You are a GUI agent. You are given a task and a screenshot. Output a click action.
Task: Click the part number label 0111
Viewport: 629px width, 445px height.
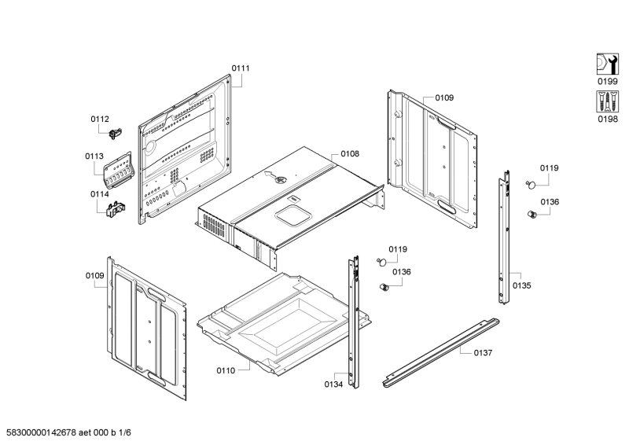pyautogui.click(x=241, y=68)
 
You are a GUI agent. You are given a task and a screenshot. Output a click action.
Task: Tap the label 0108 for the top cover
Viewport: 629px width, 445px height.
pyautogui.click(x=350, y=154)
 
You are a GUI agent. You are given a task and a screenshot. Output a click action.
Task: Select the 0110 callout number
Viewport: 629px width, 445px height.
pyautogui.click(x=226, y=369)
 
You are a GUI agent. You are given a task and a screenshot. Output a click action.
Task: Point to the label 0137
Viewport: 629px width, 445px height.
pyautogui.click(x=483, y=353)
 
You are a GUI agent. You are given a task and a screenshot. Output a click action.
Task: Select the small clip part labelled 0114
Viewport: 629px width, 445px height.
pyautogui.click(x=114, y=208)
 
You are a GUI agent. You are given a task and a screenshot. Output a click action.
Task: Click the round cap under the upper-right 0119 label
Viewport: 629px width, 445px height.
pyautogui.click(x=532, y=183)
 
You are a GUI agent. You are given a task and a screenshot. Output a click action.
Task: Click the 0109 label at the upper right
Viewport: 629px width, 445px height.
pyautogui.click(x=444, y=98)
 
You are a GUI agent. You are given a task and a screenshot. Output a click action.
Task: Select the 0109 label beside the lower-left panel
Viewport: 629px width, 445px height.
pyautogui.click(x=95, y=275)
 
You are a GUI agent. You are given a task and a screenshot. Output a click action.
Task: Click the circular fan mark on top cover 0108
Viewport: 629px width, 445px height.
pyautogui.click(x=277, y=179)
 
